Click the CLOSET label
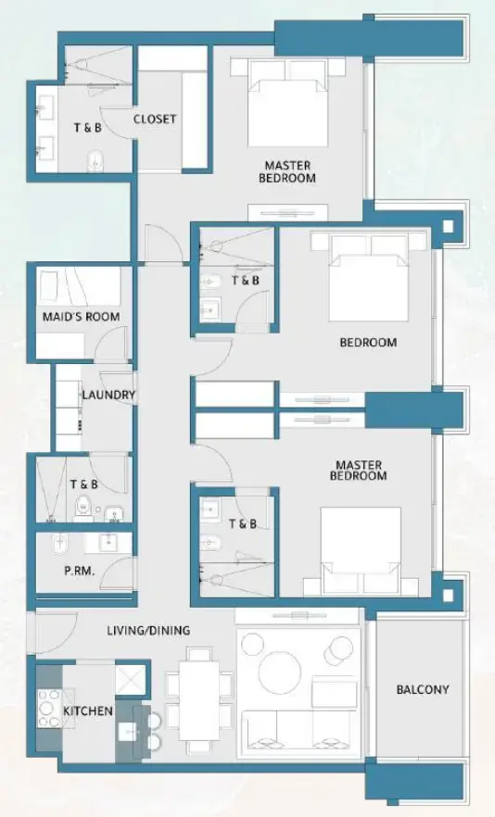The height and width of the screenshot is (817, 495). [x=155, y=119]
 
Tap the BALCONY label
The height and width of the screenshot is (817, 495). [x=422, y=690]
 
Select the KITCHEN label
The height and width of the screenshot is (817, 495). [x=88, y=711]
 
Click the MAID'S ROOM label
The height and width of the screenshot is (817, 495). [x=81, y=317]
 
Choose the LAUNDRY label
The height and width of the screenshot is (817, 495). [x=108, y=396]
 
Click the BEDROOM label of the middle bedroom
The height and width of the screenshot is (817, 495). [x=367, y=343]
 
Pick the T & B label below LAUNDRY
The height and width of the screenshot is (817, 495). [x=83, y=485]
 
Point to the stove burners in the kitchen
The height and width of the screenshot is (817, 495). [x=47, y=709]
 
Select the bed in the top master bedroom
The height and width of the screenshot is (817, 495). [x=288, y=104]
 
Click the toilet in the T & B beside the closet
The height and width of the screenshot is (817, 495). [x=95, y=159]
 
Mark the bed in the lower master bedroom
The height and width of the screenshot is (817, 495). [x=361, y=549]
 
